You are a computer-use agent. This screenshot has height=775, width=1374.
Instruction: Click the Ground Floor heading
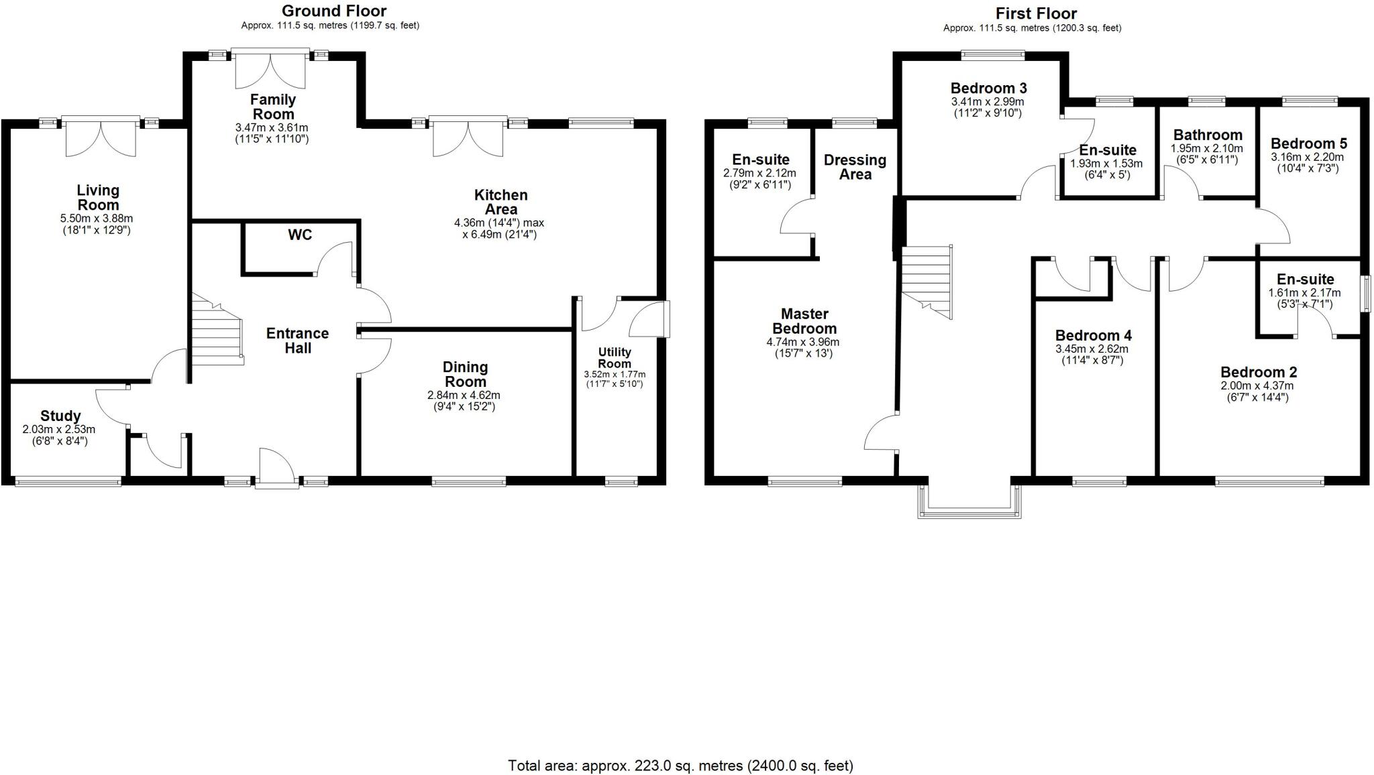click(x=333, y=11)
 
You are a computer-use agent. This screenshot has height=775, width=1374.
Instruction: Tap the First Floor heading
click(x=1036, y=13)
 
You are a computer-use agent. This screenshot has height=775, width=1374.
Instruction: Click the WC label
click(x=300, y=235)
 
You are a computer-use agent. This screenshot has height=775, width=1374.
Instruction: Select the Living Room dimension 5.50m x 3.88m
click(x=97, y=219)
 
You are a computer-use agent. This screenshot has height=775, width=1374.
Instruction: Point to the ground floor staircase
click(x=217, y=330)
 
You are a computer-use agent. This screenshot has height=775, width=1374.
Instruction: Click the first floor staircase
click(x=927, y=282)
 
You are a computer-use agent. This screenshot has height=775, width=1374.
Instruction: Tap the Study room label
click(x=60, y=416)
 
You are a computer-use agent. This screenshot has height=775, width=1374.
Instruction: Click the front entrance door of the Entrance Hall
click(x=276, y=467)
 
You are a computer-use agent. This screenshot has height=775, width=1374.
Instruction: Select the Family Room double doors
click(x=270, y=69)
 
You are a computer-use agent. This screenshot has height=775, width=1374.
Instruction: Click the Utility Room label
click(x=615, y=358)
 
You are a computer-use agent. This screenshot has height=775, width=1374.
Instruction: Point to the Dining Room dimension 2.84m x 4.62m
click(x=464, y=396)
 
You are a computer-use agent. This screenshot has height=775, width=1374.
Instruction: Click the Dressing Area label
click(x=855, y=167)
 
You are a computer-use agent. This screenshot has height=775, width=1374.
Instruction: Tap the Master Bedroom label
click(x=804, y=321)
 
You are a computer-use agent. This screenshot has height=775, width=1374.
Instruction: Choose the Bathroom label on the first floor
click(x=1207, y=135)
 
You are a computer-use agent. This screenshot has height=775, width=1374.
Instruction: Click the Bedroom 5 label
click(x=1308, y=143)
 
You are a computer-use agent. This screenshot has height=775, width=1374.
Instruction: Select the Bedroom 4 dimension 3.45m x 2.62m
click(x=1092, y=349)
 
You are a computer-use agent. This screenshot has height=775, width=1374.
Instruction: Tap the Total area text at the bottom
click(x=680, y=765)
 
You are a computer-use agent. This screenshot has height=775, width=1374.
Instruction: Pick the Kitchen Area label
click(x=500, y=202)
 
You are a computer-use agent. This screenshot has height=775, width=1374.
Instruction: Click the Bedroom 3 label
click(x=988, y=88)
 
